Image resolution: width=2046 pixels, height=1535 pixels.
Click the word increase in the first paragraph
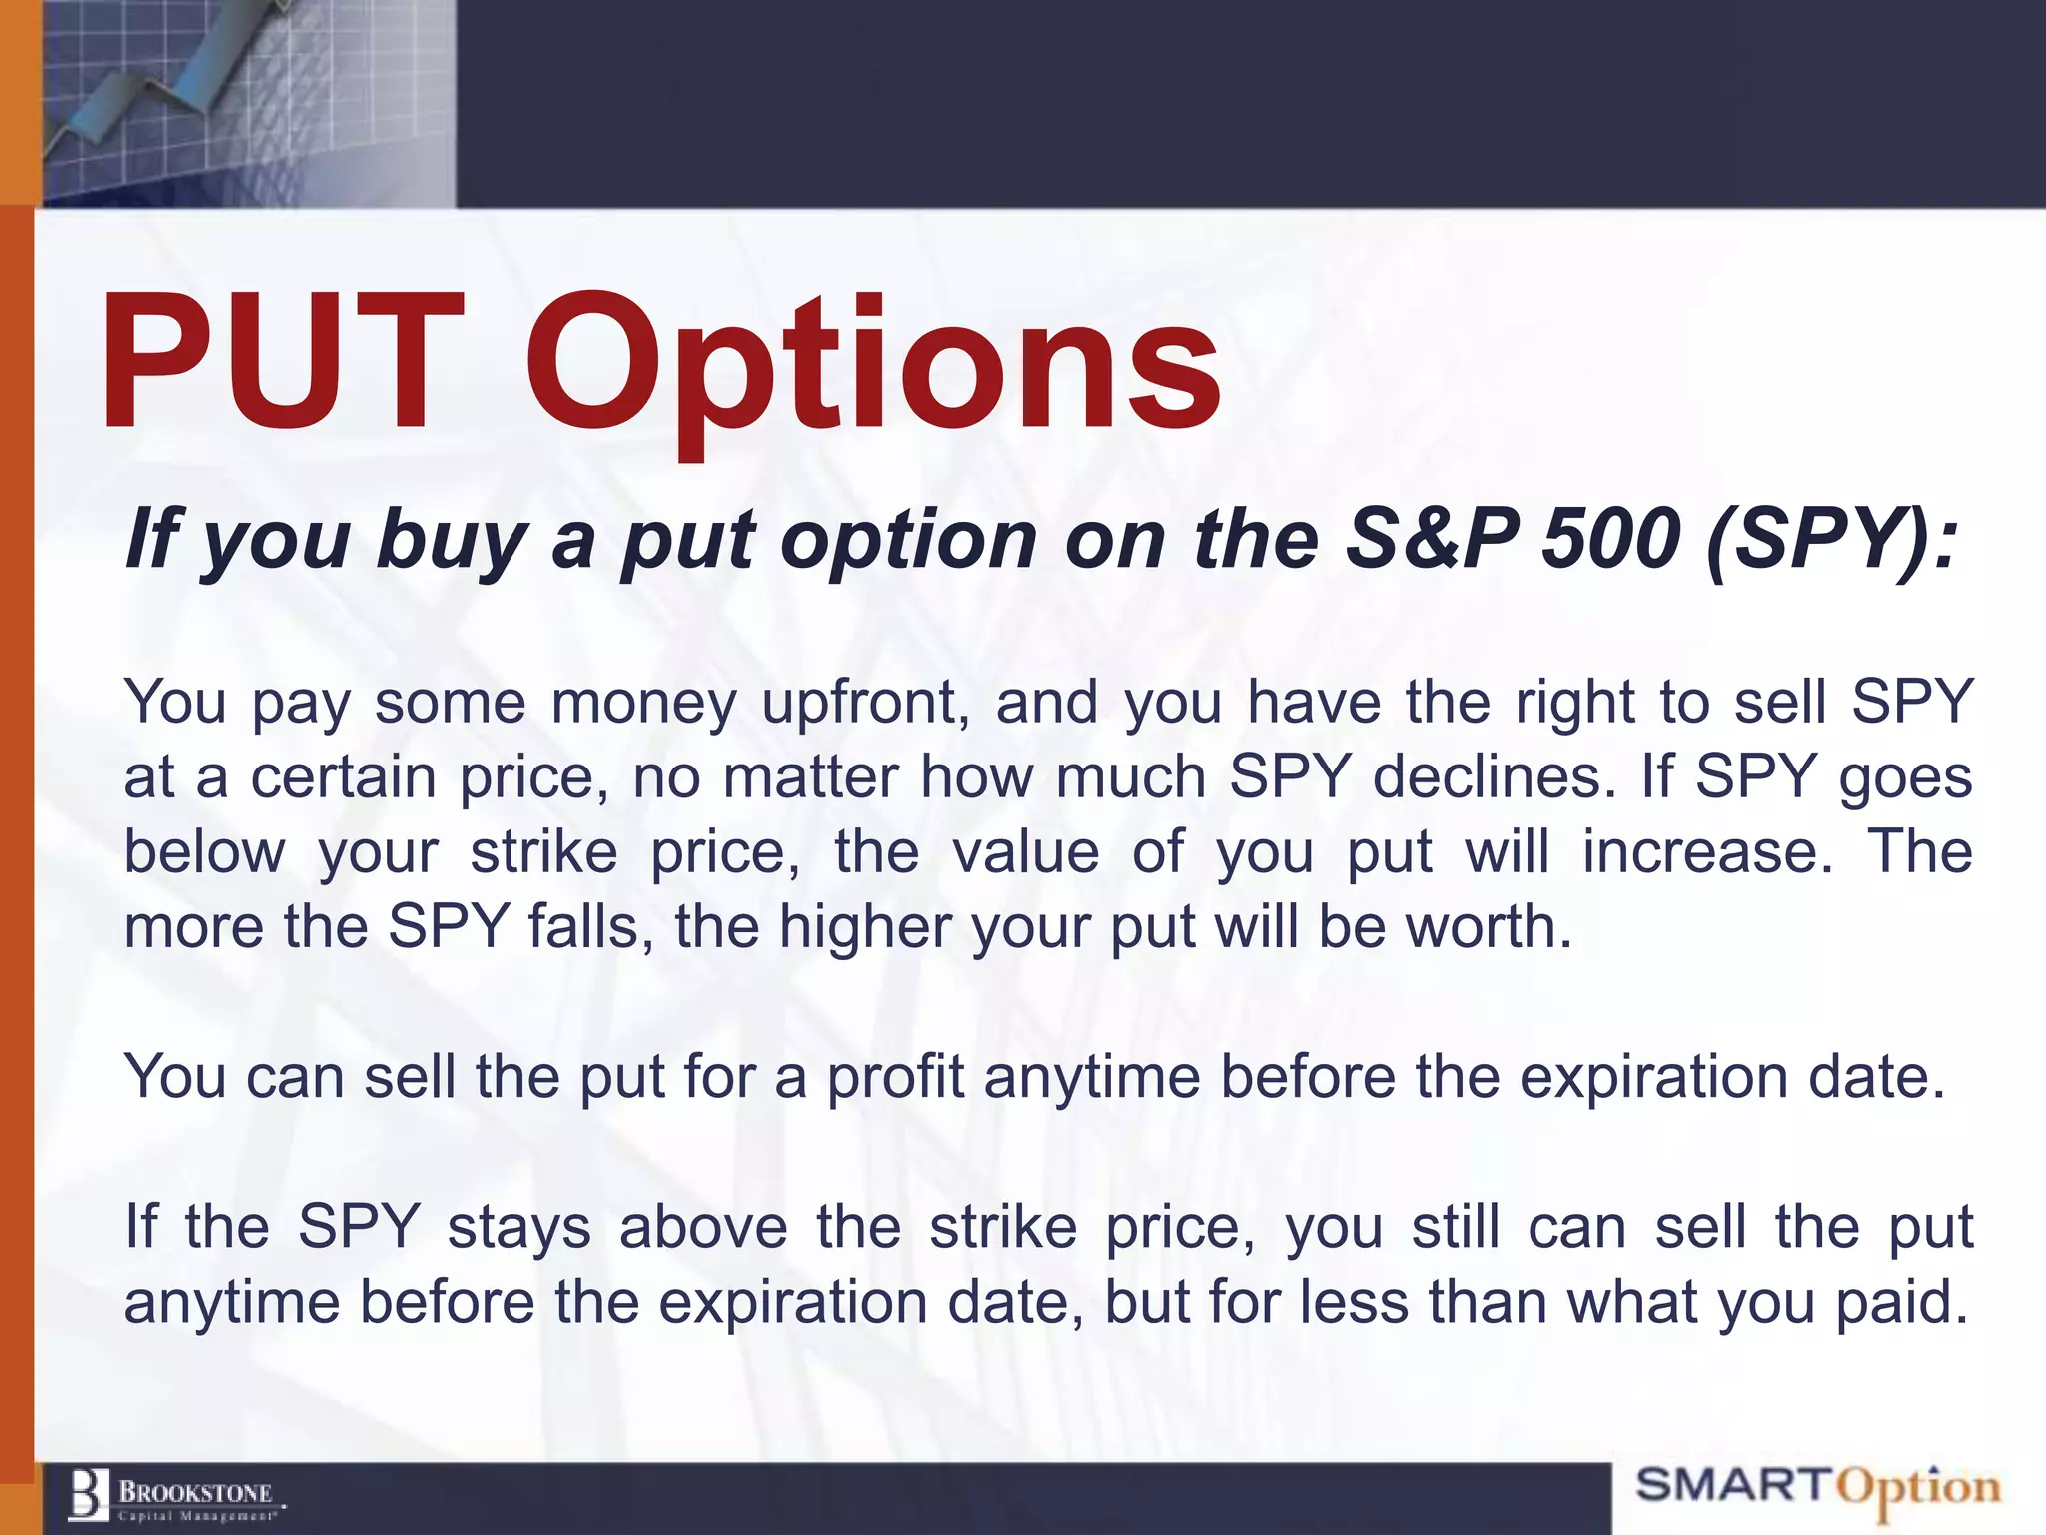[x=1708, y=852]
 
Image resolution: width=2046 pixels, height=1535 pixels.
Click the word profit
[x=895, y=1078]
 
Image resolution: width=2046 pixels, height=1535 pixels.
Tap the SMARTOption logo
[x=1818, y=1488]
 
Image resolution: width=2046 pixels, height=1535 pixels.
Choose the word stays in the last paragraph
[x=519, y=1228]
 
